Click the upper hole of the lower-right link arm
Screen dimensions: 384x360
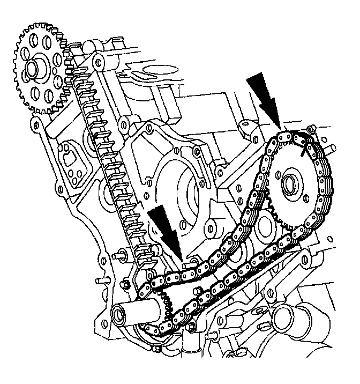pyautogui.click(x=305, y=260)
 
